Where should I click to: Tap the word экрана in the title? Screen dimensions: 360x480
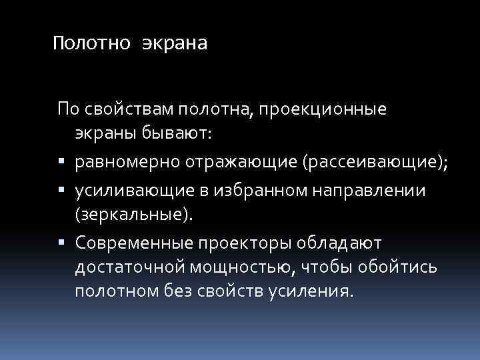(x=174, y=44)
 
